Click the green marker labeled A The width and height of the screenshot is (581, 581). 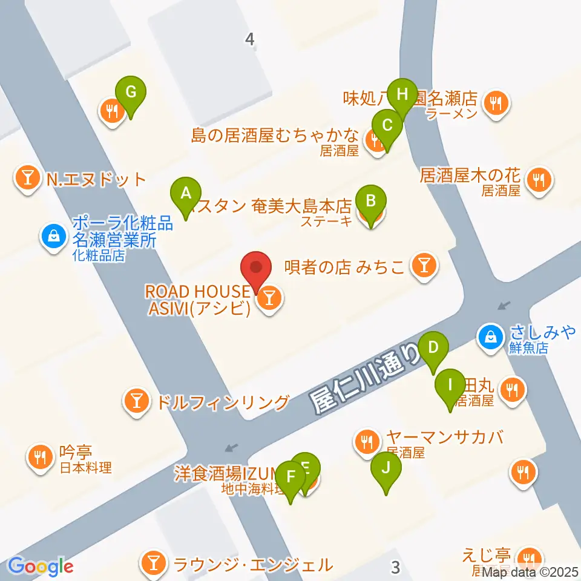(186, 194)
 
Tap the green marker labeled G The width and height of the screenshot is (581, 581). (134, 93)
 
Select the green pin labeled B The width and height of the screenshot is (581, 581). (371, 200)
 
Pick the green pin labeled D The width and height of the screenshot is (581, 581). (433, 348)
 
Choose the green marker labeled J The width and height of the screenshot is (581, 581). (387, 467)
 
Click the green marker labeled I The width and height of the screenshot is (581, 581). (450, 385)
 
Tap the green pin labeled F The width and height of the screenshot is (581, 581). (290, 477)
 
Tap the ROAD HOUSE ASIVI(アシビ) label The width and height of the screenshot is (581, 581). (197, 300)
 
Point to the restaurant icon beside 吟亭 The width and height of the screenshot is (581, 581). (41, 456)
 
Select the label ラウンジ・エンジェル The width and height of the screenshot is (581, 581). (252, 565)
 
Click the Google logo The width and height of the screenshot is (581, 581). (41, 566)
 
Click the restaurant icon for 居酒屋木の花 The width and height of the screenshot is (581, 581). (537, 180)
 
